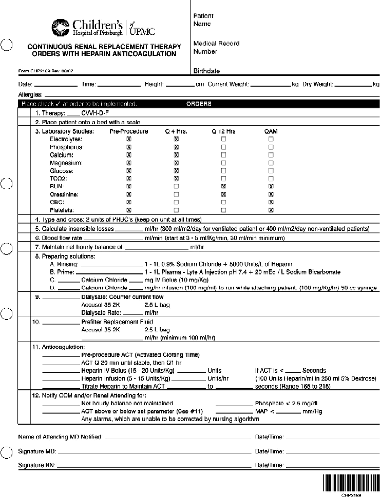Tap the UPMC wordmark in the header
coord(142,31)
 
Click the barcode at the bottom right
coord(350,483)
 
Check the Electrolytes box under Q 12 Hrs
coord(223,139)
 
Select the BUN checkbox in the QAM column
coord(271,186)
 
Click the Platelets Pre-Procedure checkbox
coord(129,210)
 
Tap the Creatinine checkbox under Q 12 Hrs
coord(223,194)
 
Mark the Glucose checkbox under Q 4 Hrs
coord(176,171)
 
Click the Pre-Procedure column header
coord(129,131)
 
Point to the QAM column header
coord(271,131)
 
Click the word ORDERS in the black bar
coord(198,104)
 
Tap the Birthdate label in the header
coord(206,71)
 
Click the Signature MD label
coord(37,452)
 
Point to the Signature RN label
coord(37,465)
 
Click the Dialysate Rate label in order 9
coord(101,312)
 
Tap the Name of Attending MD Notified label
coord(60,437)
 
